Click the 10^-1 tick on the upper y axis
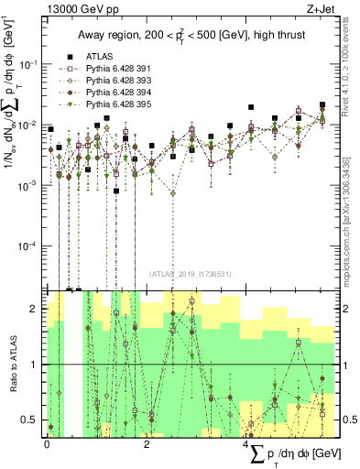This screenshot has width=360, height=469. click(30, 64)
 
